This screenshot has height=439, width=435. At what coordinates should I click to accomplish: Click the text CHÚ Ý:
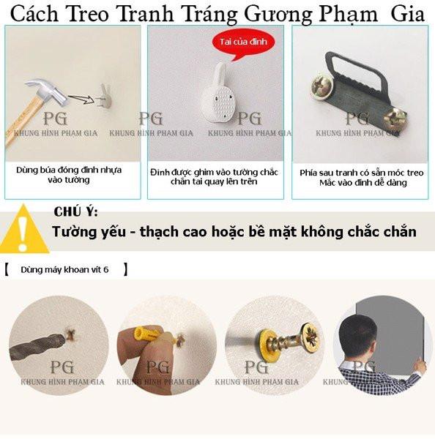pyautogui.click(x=75, y=211)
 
